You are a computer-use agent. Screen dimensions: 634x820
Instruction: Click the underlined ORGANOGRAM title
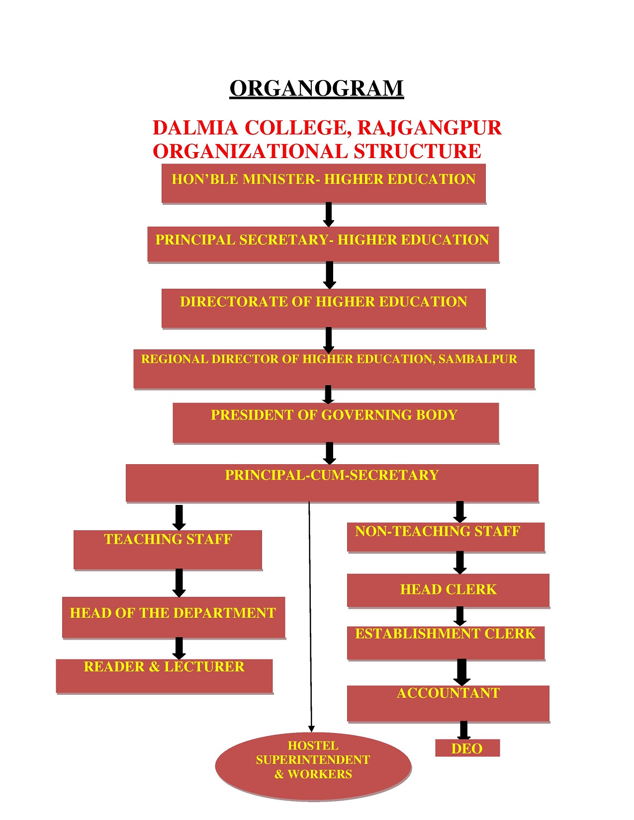point(316,89)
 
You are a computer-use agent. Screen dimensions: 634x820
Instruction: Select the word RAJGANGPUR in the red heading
point(429,128)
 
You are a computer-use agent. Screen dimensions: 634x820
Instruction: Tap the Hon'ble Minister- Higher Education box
point(324,183)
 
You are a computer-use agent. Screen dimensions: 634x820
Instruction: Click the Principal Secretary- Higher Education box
point(323,244)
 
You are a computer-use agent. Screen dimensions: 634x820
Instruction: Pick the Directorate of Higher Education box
point(324,308)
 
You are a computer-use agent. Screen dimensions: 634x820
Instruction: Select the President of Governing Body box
point(336,422)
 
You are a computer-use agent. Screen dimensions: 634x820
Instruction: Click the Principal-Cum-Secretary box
point(332,483)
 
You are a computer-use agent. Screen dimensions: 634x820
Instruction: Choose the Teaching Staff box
point(168,550)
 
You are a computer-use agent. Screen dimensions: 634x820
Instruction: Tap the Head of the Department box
point(174,617)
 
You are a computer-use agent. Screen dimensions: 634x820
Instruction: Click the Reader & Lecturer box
point(164,676)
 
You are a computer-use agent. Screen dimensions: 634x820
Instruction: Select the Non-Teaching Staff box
point(446,537)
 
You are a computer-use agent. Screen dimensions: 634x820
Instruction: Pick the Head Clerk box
point(448,590)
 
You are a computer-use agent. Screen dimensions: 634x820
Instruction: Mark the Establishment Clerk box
point(446,643)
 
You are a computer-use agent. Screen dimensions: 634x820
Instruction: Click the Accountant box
point(448,704)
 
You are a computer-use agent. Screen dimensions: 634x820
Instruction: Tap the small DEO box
point(467,748)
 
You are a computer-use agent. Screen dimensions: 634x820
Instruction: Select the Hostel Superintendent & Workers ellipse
point(313,767)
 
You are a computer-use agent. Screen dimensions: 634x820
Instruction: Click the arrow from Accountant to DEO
point(464,731)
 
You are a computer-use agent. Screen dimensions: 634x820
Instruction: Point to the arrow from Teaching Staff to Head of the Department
point(179,583)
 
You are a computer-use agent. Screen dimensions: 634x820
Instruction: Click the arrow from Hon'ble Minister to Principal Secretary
point(329,215)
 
